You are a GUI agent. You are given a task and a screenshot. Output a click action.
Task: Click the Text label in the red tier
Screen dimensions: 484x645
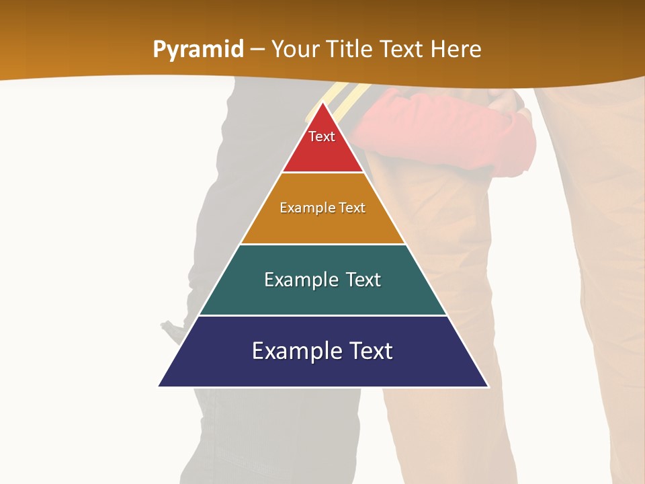pos(322,136)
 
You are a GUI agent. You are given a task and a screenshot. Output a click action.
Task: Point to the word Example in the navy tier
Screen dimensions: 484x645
pos(292,351)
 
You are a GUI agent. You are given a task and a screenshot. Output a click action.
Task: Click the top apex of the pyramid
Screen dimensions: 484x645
pos(323,103)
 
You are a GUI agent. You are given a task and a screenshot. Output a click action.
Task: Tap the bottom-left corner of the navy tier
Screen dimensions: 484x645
pos(160,385)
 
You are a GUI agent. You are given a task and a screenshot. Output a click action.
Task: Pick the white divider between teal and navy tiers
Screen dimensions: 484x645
pos(323,315)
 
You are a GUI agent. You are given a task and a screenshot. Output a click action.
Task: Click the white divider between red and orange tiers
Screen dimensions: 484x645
pos(323,173)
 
